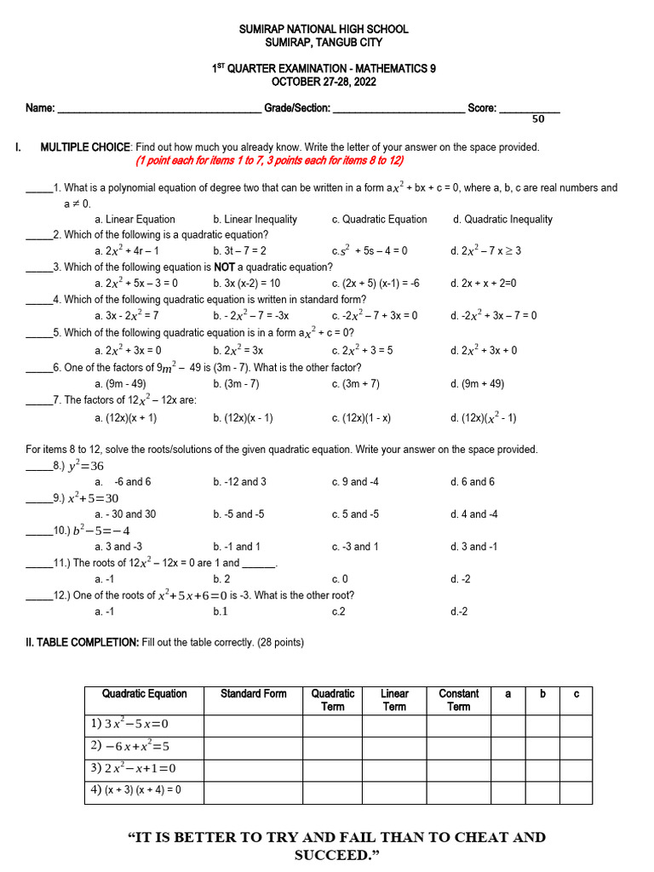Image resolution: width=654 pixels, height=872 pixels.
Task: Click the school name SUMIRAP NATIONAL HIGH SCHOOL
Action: [x=323, y=29]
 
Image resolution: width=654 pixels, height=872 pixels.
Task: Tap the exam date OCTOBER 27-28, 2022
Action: [x=323, y=82]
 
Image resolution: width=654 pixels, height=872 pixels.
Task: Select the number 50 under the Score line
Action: [x=538, y=120]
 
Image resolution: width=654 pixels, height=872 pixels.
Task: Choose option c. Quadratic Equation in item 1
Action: [x=379, y=219]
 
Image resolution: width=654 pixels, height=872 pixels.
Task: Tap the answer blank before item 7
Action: [x=38, y=401]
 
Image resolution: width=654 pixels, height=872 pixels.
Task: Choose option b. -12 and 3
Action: [x=240, y=482]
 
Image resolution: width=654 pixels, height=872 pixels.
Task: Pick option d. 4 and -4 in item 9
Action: [x=474, y=514]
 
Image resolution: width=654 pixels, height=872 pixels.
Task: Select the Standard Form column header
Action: [x=253, y=694]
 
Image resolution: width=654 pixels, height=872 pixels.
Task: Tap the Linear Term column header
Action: [x=393, y=700]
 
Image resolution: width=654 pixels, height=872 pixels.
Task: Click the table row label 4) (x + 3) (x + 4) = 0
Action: [x=135, y=790]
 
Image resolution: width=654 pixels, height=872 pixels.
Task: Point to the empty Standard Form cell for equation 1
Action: [x=253, y=724]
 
